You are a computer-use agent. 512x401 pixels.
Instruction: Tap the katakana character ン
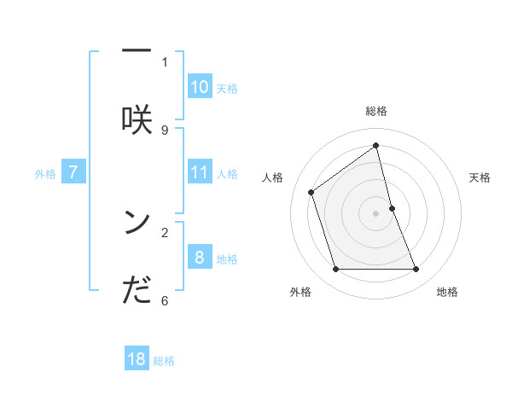pos(137,221)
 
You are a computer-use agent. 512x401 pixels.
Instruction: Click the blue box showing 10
pos(200,87)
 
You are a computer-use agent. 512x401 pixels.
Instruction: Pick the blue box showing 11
pos(200,173)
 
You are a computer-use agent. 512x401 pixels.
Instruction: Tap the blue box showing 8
pos(200,258)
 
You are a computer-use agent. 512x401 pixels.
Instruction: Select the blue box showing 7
pos(73,173)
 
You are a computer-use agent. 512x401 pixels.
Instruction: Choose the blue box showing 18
pos(137,359)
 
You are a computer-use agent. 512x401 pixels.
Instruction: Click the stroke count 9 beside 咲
pos(165,130)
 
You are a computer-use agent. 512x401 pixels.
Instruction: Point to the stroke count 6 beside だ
pos(165,300)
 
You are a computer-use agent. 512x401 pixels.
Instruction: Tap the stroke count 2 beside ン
pos(165,231)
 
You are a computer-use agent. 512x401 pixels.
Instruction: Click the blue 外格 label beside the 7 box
pos(45,174)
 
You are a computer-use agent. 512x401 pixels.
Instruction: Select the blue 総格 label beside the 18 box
pos(164,361)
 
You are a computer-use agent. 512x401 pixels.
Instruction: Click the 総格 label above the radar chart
pos(376,111)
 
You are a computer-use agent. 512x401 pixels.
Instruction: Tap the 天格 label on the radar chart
pos(480,177)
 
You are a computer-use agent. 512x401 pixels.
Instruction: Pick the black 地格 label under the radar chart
pos(447,293)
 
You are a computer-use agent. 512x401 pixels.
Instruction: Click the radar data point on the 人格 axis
pos(311,192)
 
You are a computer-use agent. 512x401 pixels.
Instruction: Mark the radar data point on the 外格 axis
pos(335,270)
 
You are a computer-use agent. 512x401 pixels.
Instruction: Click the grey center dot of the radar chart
pos(376,213)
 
